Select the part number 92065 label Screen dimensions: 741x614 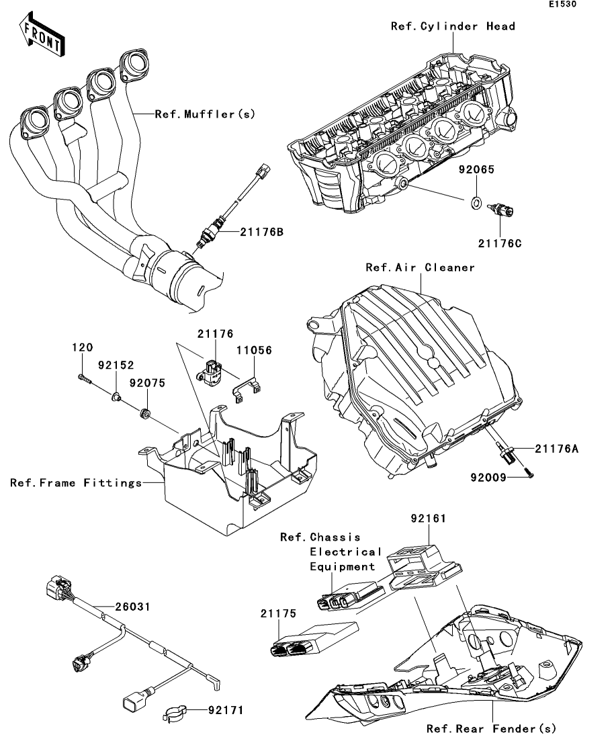(477, 170)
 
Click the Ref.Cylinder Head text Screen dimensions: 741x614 (453, 26)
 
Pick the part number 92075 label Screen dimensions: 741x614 (147, 382)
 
